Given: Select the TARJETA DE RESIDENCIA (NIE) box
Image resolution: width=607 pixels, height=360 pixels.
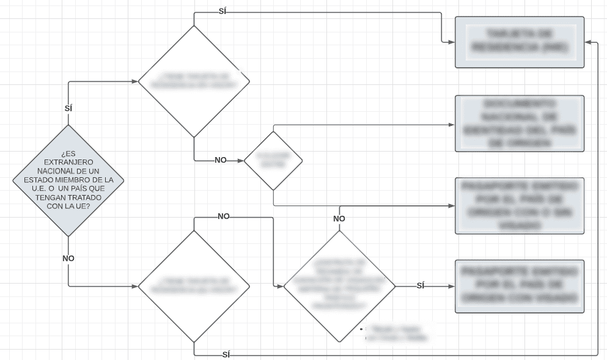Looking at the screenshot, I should click(520, 42).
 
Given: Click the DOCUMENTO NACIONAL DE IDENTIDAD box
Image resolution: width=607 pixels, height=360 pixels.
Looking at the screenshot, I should click(520, 123).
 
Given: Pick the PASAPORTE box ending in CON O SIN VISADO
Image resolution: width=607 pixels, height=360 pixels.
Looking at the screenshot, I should click(520, 205).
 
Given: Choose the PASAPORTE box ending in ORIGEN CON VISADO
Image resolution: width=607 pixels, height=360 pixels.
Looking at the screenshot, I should click(520, 287).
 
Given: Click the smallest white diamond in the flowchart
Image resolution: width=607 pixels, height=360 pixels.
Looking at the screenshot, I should click(273, 161).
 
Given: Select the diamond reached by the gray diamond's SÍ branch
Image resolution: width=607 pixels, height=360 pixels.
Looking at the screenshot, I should click(194, 81).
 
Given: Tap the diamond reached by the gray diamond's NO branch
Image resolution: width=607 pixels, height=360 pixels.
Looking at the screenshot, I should click(194, 285).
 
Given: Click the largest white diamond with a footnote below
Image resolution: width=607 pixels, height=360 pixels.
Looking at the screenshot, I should click(339, 285).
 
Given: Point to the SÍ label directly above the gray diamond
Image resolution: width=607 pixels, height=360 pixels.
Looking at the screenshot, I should click(68, 108).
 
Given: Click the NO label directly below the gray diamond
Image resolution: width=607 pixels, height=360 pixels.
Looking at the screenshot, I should click(68, 259).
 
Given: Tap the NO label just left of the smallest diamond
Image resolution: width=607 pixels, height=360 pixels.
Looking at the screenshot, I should click(221, 160).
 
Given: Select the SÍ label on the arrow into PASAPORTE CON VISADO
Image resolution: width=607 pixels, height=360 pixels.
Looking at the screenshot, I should click(421, 285).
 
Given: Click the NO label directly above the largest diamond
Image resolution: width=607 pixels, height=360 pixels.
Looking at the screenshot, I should click(339, 219).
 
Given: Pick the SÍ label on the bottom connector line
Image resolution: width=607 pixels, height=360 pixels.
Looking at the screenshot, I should click(227, 354).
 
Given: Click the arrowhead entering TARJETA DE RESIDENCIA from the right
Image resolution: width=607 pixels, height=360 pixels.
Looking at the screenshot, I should click(588, 42).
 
